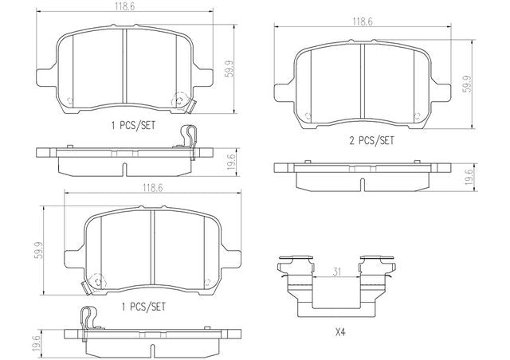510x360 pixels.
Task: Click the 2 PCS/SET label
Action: tap(371, 140)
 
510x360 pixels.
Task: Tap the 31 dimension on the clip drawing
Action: tap(337, 272)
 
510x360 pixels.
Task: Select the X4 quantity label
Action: tap(340, 332)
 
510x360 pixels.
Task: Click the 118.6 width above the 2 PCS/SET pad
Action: tap(363, 22)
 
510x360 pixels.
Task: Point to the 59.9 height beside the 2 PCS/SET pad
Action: tap(468, 84)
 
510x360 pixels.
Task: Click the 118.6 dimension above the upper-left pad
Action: tap(124, 7)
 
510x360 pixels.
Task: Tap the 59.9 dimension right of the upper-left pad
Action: tap(229, 69)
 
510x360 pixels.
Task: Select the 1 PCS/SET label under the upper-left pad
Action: tap(133, 125)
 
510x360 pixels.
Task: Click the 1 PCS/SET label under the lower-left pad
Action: tap(143, 307)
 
